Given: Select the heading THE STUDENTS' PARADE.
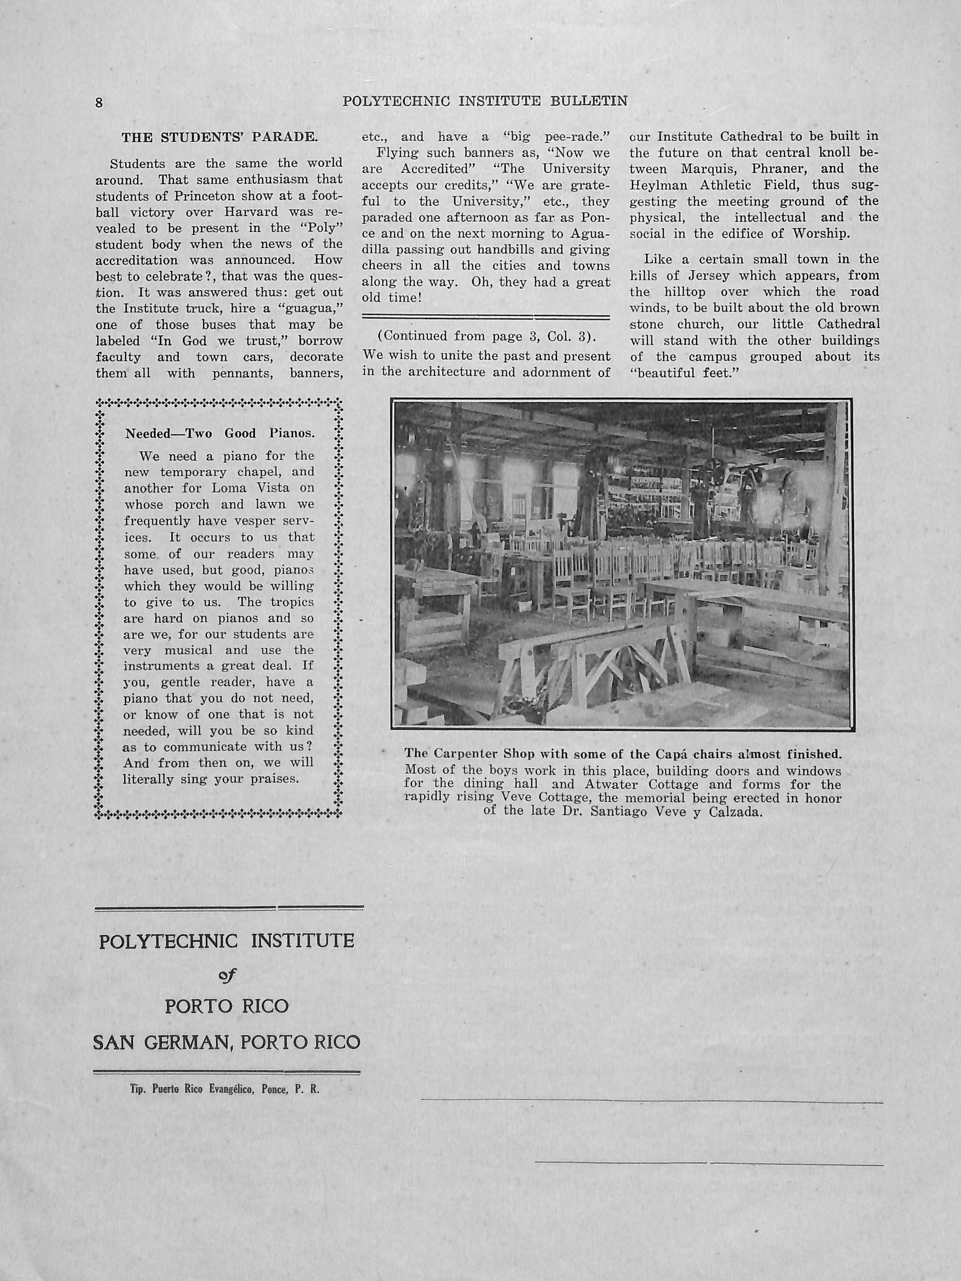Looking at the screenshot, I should [219, 138].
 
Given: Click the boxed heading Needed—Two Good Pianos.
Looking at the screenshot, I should [220, 434].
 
